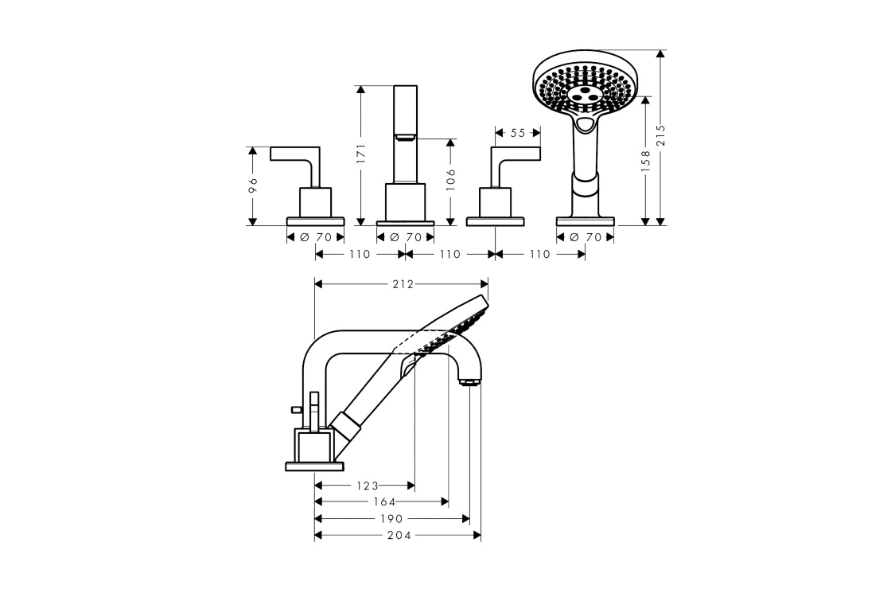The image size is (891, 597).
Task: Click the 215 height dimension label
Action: coord(660,136)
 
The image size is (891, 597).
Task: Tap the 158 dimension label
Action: coord(645,160)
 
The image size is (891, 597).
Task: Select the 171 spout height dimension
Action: coord(361,154)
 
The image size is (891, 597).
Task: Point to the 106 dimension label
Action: coord(450,180)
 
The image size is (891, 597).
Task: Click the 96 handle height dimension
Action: coord(254,185)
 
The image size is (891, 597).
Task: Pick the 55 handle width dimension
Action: coord(517,133)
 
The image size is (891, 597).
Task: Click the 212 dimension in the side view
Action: coord(403,283)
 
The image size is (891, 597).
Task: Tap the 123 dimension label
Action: coord(367,486)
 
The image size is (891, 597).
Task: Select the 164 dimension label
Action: coord(384,501)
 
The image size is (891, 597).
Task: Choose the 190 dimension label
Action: coord(391,518)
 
